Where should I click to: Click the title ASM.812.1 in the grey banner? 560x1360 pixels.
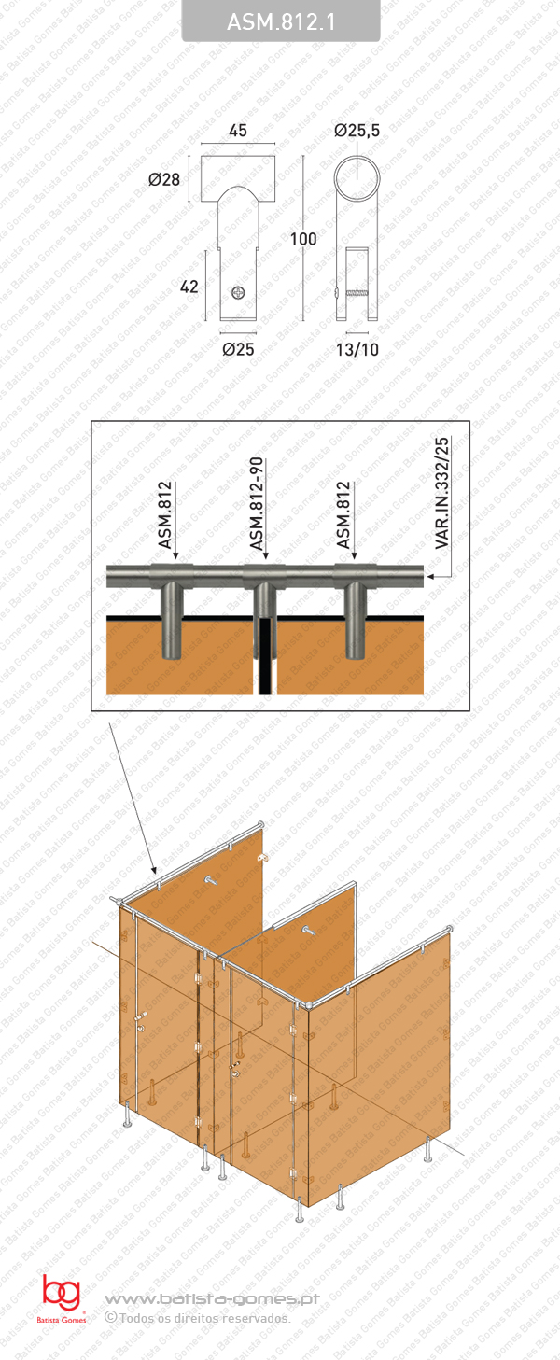point(280,21)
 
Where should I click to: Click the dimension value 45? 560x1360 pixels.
point(238,132)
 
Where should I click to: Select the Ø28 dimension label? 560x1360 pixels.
point(164,179)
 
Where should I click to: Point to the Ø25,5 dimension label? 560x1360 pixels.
point(357,132)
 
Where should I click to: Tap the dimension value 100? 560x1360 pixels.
point(303,239)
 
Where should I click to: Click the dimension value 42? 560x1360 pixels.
point(189,287)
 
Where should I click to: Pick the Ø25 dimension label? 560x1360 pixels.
point(239,350)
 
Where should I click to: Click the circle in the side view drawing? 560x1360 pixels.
point(359,180)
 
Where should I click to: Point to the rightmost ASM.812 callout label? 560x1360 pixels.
point(344,515)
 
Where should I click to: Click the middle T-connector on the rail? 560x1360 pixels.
point(264,573)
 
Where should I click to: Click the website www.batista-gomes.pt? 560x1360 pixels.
point(212,1298)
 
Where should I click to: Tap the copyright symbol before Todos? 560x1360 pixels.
point(111,1317)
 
